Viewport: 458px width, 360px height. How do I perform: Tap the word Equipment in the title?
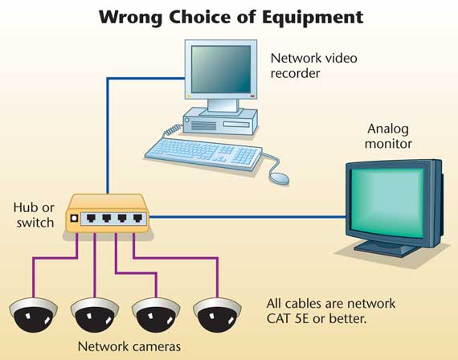pos(313,18)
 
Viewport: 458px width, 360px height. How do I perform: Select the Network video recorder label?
pos(313,65)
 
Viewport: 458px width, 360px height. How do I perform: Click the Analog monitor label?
pos(388,136)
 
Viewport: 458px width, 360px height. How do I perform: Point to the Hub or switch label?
pos(34,215)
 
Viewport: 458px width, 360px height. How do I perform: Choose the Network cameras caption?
pos(129,346)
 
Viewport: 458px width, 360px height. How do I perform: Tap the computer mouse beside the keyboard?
pos(279,178)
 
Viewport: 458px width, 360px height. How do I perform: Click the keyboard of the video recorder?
pos(203,153)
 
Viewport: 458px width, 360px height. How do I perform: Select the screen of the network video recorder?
pos(221,69)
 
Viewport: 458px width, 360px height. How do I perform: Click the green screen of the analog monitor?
pos(387,202)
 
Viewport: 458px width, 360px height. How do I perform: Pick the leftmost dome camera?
pos(33,315)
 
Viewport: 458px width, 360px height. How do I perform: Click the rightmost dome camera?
pos(217,315)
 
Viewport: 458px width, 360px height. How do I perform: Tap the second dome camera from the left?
pos(95,315)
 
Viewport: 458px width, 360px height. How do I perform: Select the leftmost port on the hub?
pos(91,218)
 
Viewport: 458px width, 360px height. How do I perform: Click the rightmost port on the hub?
pos(137,218)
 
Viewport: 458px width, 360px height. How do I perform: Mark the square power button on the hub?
pos(74,219)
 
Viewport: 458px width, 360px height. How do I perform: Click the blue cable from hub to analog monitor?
pos(247,217)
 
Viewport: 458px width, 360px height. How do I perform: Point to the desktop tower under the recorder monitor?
pos(220,121)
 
